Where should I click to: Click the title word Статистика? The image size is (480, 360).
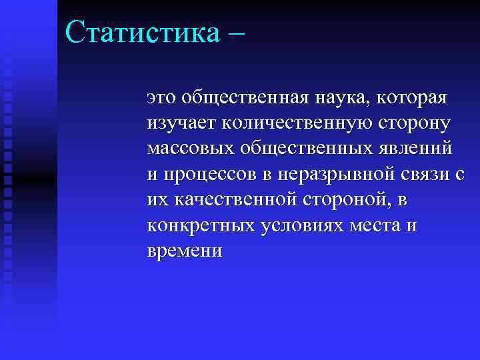141,31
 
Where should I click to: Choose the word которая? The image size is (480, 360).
412,99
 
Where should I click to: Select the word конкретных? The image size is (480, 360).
191,225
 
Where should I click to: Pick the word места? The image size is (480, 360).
372,225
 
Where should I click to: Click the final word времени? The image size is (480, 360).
185,251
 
